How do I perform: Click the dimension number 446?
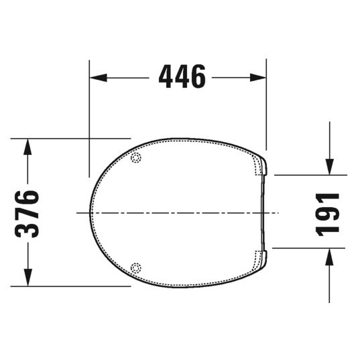pyautogui.click(x=182, y=77)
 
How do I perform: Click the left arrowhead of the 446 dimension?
pyautogui.click(x=98, y=78)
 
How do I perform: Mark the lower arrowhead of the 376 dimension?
pyautogui.click(x=27, y=278)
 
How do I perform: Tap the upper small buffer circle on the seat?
pyautogui.click(x=137, y=158)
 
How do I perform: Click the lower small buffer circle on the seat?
pyautogui.click(x=137, y=267)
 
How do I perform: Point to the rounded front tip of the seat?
pyautogui.click(x=91, y=213)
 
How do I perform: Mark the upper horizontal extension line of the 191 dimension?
pyautogui.click(x=308, y=175)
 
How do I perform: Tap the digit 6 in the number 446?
pyautogui.click(x=197, y=77)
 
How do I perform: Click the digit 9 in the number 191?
pyautogui.click(x=328, y=213)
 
